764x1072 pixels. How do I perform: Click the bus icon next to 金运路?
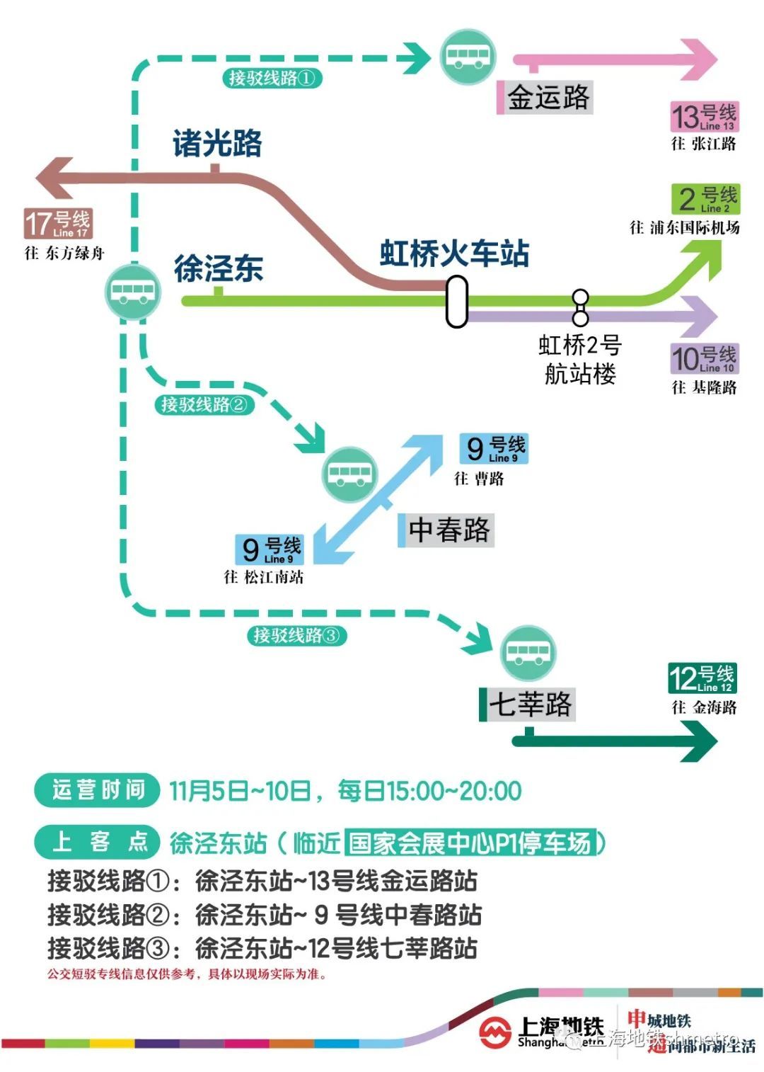468,57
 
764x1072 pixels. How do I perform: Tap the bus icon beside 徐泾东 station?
133,290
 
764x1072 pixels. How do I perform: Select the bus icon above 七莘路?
528,653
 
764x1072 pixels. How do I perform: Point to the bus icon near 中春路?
349,474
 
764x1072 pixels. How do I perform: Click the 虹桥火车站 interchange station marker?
457,301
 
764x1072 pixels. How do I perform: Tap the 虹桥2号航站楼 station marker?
580,307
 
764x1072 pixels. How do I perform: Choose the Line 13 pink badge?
703,117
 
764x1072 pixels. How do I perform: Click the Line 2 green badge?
706,200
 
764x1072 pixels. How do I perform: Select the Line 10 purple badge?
704,359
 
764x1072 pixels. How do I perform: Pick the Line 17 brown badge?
58,224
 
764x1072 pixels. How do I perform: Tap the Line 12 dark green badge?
702,678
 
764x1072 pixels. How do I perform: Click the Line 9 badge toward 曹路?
494,448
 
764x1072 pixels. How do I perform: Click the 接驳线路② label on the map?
204,404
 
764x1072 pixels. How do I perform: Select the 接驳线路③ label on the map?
296,635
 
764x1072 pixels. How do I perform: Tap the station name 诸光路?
217,144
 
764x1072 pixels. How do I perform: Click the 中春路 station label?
447,530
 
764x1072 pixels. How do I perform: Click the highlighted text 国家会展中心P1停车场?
471,843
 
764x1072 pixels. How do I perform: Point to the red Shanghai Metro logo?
495,1032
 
